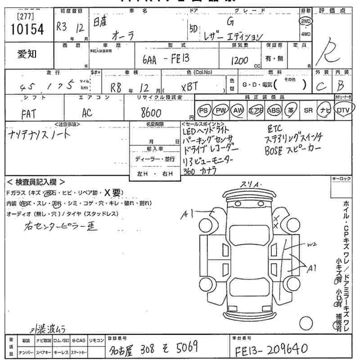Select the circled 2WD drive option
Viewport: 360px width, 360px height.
(306, 21)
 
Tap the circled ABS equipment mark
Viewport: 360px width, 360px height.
(273, 110)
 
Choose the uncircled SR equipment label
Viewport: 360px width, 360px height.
(308, 110)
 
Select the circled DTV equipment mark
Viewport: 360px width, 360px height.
(343, 110)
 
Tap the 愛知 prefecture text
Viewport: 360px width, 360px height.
(27, 55)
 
